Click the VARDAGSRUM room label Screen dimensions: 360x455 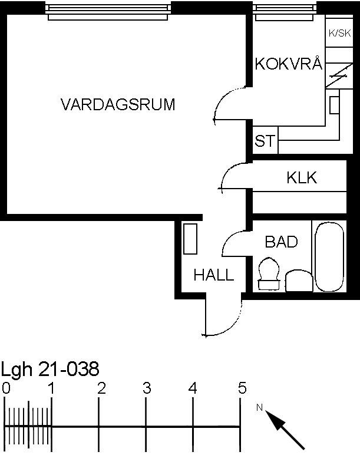(118, 104)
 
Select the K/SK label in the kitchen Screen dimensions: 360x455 (340, 33)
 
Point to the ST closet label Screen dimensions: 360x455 (265, 140)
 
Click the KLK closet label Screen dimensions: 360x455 (302, 177)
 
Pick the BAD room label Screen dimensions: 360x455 (282, 242)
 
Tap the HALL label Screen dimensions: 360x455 (214, 275)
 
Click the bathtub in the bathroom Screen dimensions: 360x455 (329, 257)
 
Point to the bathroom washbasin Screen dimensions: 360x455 (299, 281)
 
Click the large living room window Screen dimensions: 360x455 (108, 12)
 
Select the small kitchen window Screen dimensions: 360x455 (284, 12)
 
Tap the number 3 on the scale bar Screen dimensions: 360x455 (147, 388)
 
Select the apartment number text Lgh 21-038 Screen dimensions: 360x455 (50, 370)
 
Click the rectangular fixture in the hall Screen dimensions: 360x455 (190, 239)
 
